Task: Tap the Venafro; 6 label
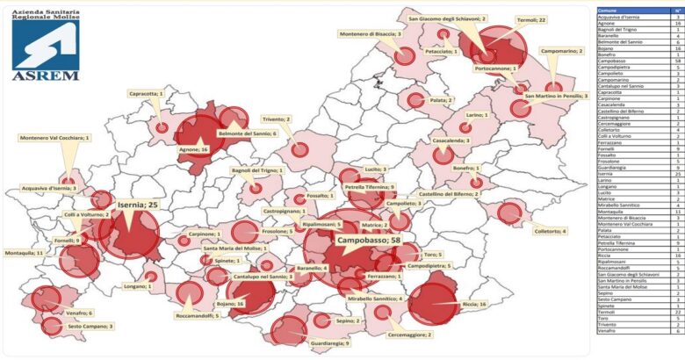coord(78,313)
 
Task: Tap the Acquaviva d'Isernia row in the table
coord(621,17)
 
